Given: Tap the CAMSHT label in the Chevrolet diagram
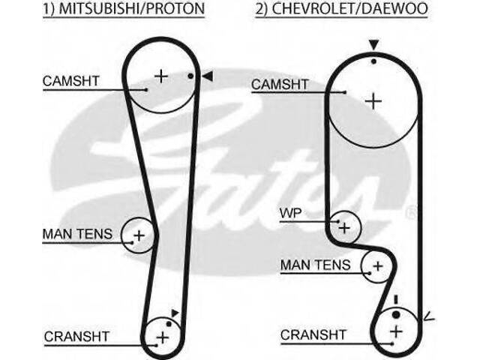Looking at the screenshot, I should [x=280, y=85].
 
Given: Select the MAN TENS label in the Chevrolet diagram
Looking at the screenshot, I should [x=315, y=265].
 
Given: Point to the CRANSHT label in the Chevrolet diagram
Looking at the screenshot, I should [x=313, y=334].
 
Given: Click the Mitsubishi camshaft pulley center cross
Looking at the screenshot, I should [x=160, y=76].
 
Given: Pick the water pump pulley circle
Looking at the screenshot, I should [x=344, y=225].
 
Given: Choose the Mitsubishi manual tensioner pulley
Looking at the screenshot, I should [x=138, y=235].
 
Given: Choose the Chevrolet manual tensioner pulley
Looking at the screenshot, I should [x=377, y=266].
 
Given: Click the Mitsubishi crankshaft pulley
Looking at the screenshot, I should [x=163, y=336].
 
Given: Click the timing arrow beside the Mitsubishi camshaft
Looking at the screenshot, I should [x=208, y=75].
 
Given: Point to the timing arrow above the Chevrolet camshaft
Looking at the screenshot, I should [x=373, y=47].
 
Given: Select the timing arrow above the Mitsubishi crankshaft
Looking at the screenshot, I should [x=175, y=312].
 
